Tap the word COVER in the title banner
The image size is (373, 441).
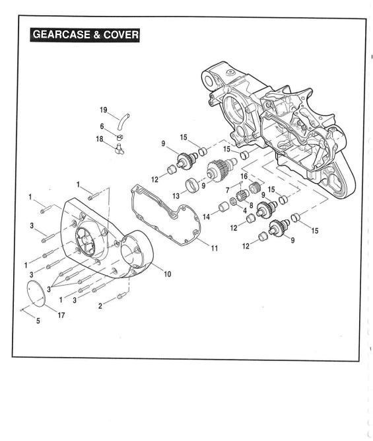point(121,34)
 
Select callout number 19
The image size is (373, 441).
point(104,110)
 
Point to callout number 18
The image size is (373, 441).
point(100,140)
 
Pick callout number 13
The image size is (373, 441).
point(176,196)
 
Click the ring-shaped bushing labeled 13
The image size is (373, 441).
point(192,184)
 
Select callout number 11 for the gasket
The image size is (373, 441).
point(215,249)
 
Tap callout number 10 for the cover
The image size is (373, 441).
point(168,274)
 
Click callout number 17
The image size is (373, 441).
point(61,315)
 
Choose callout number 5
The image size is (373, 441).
point(38,321)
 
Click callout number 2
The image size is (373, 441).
point(100,306)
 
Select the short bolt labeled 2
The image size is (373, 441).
point(121,296)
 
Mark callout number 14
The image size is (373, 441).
point(207,217)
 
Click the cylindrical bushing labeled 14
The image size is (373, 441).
point(224,208)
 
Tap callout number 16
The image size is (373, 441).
point(244,177)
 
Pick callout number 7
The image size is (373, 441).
point(228,190)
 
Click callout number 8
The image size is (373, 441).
point(251,206)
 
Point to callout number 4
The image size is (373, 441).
point(245,211)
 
